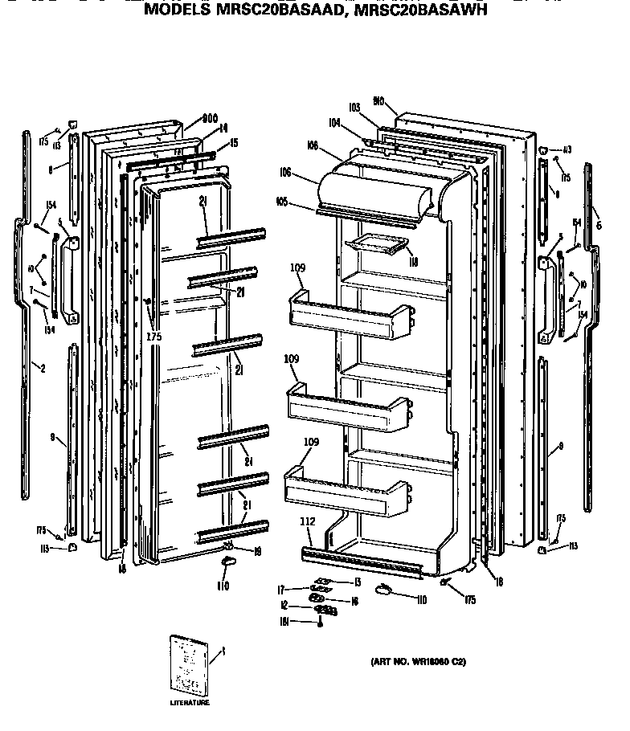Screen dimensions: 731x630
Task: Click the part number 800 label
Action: pos(210,116)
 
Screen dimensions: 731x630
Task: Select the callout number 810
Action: pos(378,101)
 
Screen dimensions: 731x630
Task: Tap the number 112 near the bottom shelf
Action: pos(307,521)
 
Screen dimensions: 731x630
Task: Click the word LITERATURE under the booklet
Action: pos(189,703)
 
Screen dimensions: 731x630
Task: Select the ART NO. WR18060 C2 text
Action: pos(418,662)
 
